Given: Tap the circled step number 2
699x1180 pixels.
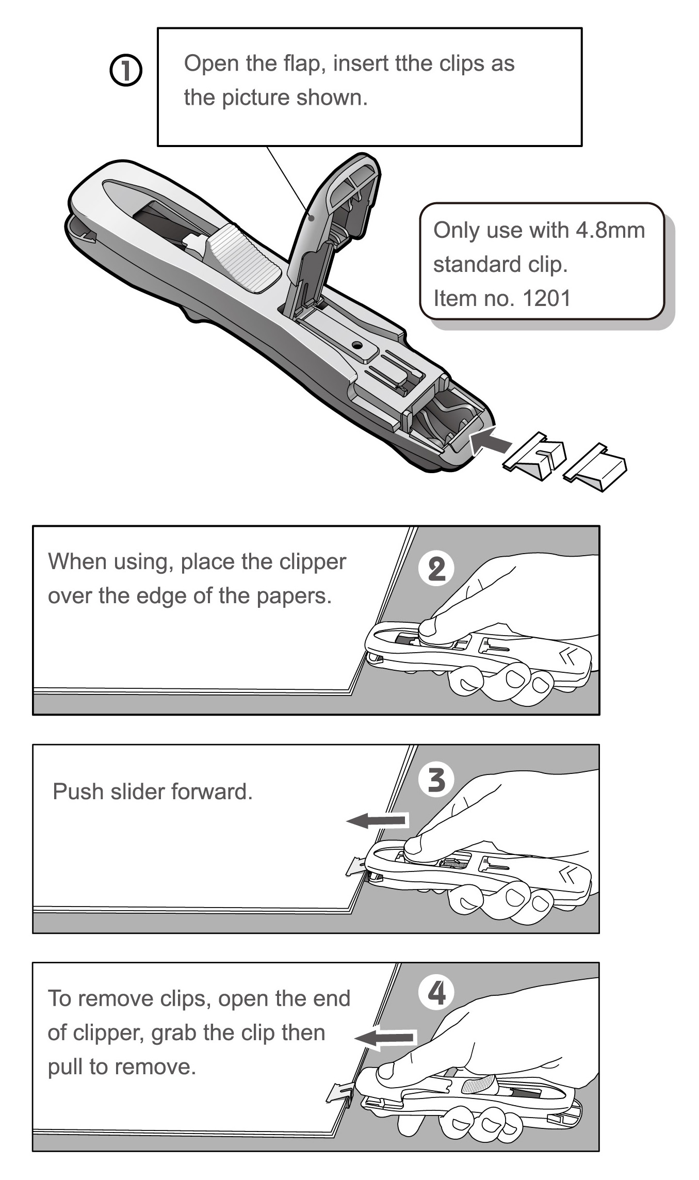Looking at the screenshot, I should coord(436,569).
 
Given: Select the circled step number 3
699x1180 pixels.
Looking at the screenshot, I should coord(436,780).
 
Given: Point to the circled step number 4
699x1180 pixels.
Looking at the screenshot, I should coord(436,992).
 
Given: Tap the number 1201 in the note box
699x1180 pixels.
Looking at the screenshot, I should coord(546,298).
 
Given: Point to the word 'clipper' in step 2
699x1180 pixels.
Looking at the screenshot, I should coord(316,562).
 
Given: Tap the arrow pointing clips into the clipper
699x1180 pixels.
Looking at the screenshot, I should coord(492,442).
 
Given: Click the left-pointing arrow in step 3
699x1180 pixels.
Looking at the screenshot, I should coord(378,820).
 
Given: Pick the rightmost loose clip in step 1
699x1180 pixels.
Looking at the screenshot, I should coord(596,466).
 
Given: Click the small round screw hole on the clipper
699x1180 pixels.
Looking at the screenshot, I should coord(356,344).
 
